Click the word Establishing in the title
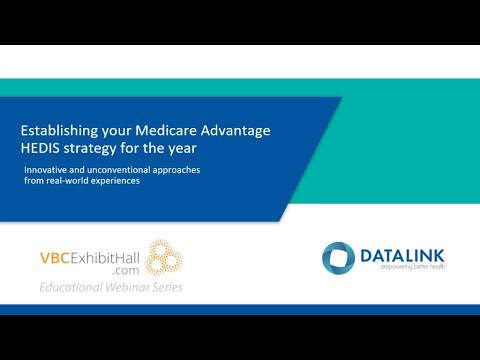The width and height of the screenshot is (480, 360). coord(62,130)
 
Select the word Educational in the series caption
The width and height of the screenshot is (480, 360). coord(67,288)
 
